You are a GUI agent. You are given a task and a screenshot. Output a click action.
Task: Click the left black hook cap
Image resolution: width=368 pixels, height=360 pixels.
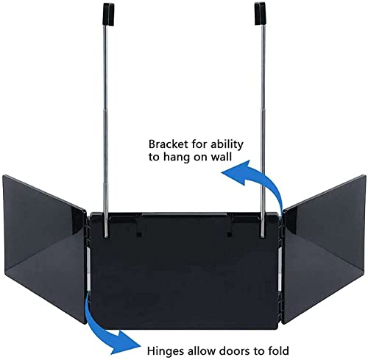(108, 14)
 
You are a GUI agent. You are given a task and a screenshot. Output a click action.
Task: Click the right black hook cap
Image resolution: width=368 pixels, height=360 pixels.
(260, 14)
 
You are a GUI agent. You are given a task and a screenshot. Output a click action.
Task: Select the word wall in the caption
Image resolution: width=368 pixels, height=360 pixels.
(222, 157)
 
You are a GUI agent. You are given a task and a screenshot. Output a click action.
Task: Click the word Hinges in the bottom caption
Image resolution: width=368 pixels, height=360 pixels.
(166, 350)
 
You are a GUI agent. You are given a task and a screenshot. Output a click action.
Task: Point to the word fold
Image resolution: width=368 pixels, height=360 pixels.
(277, 350)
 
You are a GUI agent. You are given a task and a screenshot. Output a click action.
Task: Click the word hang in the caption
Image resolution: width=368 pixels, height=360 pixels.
(176, 157)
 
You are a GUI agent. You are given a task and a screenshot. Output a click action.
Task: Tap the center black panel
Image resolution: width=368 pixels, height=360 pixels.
(185, 271)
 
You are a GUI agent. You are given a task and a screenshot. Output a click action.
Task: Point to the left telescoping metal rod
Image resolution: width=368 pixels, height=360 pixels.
(106, 131)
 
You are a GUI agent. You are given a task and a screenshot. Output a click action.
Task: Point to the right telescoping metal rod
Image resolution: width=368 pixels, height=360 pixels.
(263, 131)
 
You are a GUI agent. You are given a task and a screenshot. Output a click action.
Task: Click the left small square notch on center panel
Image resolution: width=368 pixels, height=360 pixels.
(139, 235)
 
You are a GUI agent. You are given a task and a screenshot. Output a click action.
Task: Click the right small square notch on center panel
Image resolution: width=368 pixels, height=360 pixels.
(230, 235)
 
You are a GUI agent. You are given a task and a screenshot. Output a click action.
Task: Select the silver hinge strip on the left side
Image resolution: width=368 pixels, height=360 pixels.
(88, 269)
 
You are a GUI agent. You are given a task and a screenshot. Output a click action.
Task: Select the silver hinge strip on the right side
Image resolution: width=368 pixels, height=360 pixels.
(280, 269)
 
